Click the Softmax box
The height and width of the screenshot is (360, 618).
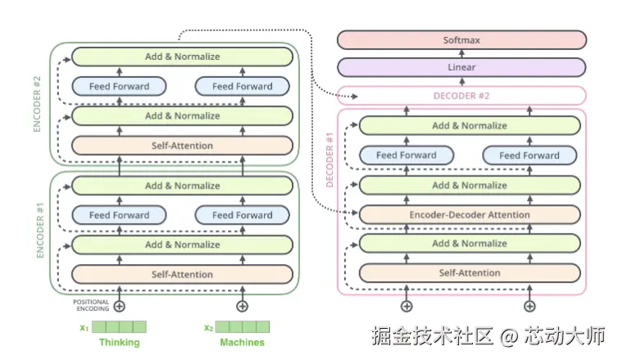(462, 39)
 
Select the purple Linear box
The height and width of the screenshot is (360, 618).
(462, 67)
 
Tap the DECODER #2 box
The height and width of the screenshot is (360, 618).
(462, 96)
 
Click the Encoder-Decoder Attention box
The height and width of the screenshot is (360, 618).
(470, 215)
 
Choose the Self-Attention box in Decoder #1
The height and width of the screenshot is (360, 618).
(470, 272)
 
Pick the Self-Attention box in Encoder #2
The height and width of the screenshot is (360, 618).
(182, 146)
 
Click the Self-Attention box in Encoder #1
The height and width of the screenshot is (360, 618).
(182, 274)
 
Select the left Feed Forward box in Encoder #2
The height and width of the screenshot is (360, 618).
(119, 86)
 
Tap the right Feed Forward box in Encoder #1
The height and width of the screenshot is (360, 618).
(242, 215)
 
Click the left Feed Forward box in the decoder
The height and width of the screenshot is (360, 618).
(407, 155)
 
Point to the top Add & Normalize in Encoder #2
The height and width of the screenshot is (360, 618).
(182, 57)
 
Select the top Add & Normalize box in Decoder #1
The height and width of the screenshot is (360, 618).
(470, 125)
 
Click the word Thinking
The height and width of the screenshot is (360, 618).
(119, 342)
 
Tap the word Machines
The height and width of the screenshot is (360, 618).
(242, 342)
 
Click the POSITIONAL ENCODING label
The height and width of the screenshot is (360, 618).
(91, 305)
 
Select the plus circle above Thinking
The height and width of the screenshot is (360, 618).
(120, 306)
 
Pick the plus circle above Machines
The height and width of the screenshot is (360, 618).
(242, 306)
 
